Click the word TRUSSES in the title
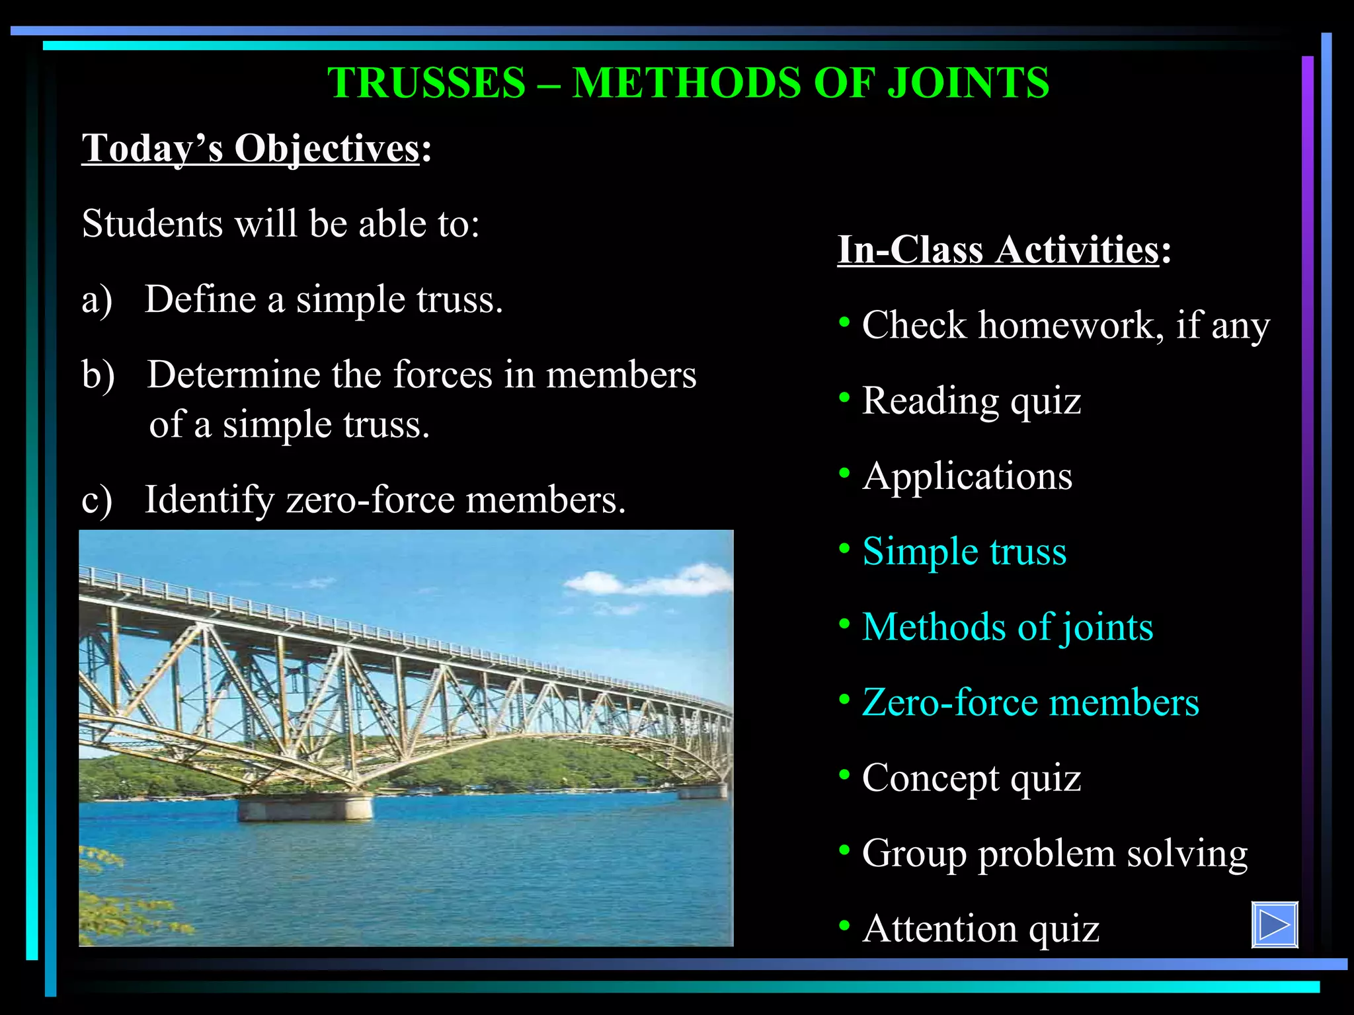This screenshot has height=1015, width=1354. coord(426,83)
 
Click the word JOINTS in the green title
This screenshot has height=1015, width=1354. coord(967,83)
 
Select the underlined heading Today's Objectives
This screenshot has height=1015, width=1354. coord(251,148)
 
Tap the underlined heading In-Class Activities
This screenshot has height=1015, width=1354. coord(998,250)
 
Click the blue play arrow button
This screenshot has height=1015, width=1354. coord(1274,924)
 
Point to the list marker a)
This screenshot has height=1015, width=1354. coord(97,299)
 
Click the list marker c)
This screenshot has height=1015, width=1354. coord(97,500)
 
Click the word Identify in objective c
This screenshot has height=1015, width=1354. coord(209,500)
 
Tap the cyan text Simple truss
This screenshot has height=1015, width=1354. coord(964,551)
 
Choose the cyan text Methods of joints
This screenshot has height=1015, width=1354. coord(1007,626)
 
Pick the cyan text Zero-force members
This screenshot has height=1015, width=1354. coord(1030,702)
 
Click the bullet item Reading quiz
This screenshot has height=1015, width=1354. coord(971,400)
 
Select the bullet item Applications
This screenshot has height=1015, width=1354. coord(967,476)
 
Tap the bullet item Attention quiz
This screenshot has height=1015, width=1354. coord(980,928)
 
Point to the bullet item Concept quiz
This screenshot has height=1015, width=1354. coord(971,778)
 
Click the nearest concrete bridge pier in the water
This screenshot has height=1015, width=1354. coord(305,808)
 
